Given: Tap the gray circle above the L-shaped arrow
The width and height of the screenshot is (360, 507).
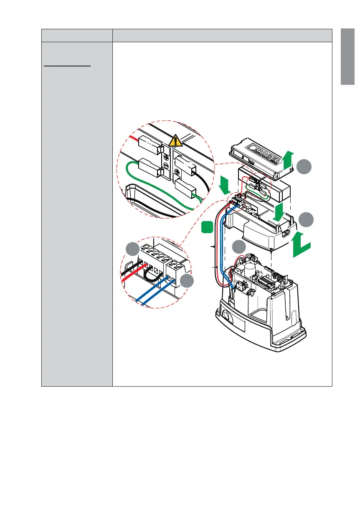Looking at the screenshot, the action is (307, 219).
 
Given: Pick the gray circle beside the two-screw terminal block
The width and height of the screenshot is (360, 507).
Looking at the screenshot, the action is (186, 281).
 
